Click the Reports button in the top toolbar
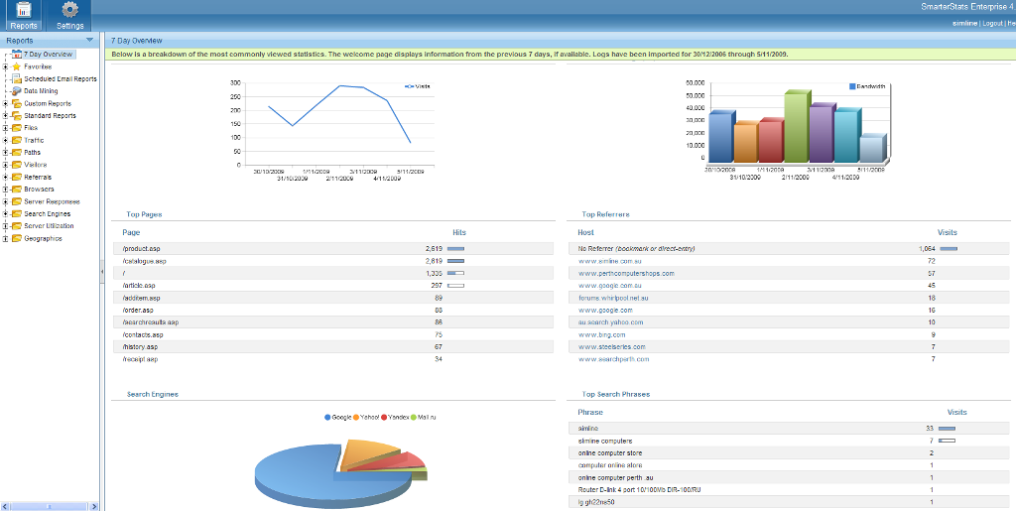coord(23,15)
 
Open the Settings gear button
coord(69,15)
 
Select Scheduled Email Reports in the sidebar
coord(60,78)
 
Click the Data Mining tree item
coord(41,91)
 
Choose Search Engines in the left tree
coord(47,213)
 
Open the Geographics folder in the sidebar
coord(43,238)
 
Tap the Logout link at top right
coord(991,22)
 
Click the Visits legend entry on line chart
coord(418,86)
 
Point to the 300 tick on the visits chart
coord(235,83)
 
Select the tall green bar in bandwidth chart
coord(796,126)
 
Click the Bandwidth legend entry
coord(869,86)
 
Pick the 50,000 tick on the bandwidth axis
coord(695,83)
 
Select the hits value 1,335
coord(434,273)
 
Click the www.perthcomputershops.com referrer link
coord(626,273)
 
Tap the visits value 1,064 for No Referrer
coord(926,248)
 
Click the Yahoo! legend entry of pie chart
coord(368,417)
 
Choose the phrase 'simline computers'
coord(604,440)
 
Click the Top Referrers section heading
coord(605,214)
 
